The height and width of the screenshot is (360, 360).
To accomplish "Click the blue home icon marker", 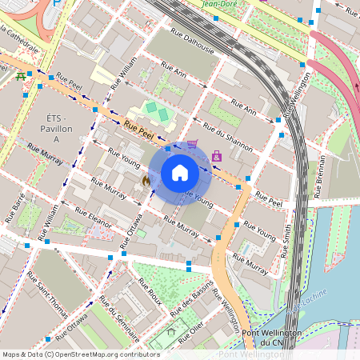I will point(180,172).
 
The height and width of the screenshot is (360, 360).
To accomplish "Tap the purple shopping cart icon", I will point(192,145).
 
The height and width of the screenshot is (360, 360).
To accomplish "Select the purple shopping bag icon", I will point(217,155).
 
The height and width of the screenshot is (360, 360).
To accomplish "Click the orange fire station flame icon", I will point(146,182).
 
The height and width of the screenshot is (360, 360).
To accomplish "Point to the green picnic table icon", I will point(19,77).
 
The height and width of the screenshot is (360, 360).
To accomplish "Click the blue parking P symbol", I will point(55,3).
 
